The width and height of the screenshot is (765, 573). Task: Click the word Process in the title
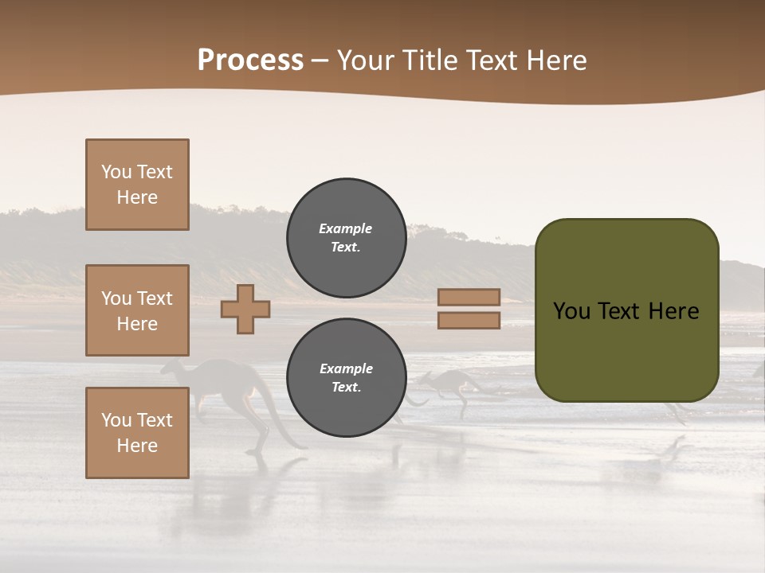[x=250, y=60]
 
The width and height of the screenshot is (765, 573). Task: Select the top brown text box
[x=137, y=185]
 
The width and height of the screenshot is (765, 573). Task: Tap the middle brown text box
[x=137, y=310]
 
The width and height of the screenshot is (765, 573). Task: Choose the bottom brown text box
[x=137, y=433]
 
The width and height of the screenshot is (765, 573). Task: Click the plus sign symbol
[x=245, y=309]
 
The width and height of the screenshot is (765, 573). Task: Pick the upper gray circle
[x=346, y=238]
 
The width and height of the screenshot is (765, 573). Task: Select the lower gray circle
[x=346, y=378]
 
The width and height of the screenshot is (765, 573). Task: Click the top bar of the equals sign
[x=469, y=297]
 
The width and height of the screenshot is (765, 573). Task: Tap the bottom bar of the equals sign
[x=469, y=320]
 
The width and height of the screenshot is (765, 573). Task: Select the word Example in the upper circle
[x=346, y=228]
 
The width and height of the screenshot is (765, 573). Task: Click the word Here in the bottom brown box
[x=137, y=446]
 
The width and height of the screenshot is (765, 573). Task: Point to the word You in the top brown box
[x=116, y=172]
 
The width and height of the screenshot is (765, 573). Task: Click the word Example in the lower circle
[x=346, y=368]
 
